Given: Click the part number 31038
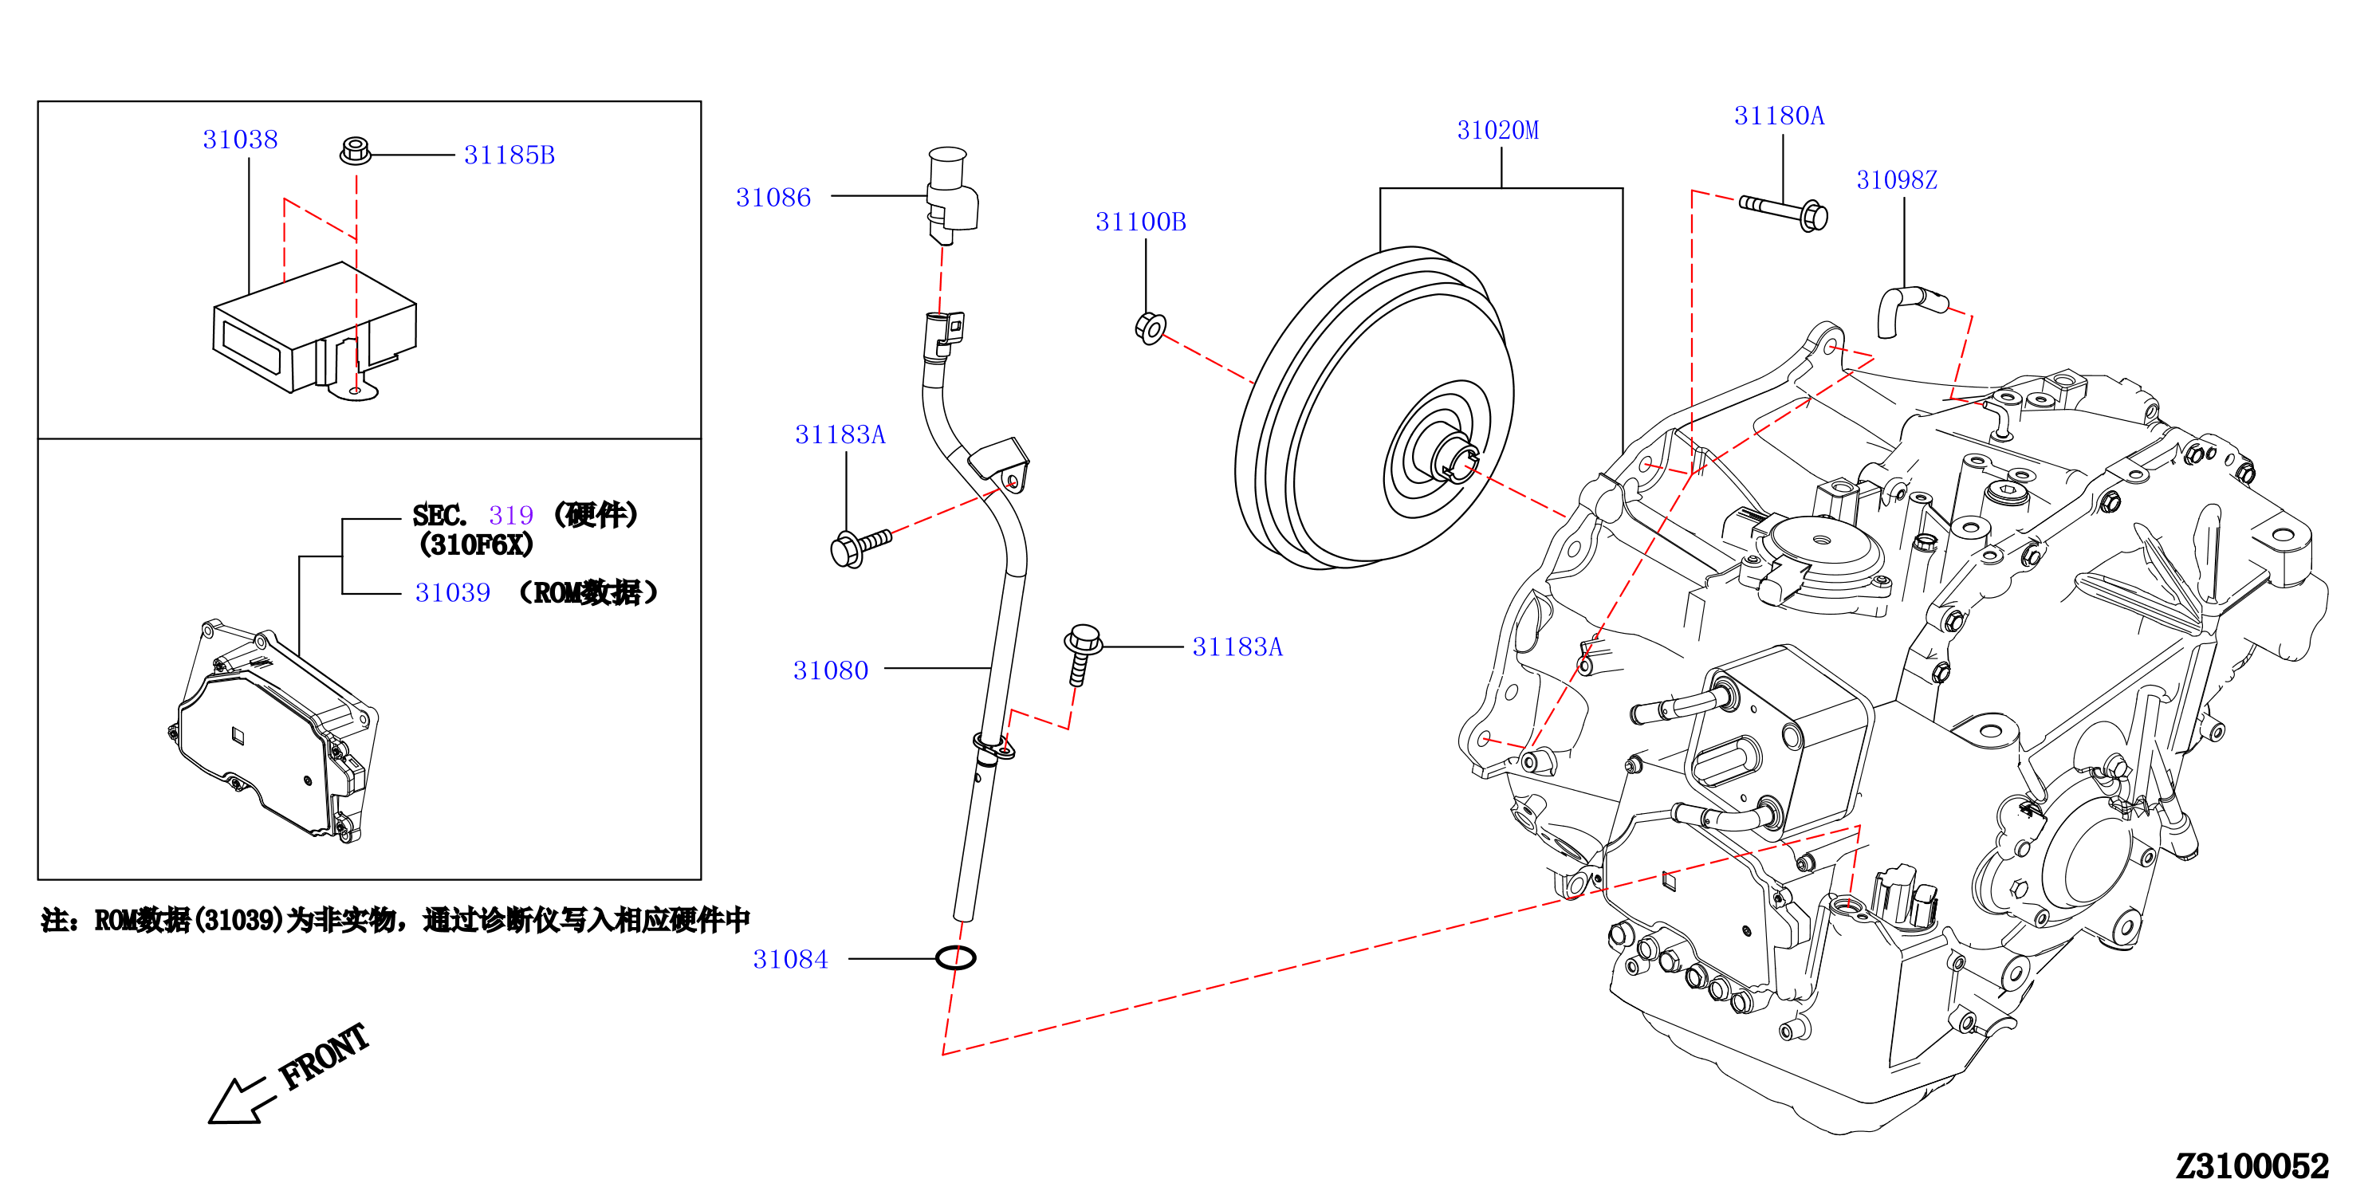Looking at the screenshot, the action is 240,140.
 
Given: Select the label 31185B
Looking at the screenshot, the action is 509,155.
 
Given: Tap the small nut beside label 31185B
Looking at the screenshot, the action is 355,151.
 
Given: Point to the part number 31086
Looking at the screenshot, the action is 773,198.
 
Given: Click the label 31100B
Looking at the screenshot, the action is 1140,222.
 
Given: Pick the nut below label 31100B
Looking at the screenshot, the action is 1151,328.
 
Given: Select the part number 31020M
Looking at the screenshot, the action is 1497,130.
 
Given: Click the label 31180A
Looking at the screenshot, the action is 1778,116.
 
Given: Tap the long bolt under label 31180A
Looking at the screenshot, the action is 1783,212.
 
